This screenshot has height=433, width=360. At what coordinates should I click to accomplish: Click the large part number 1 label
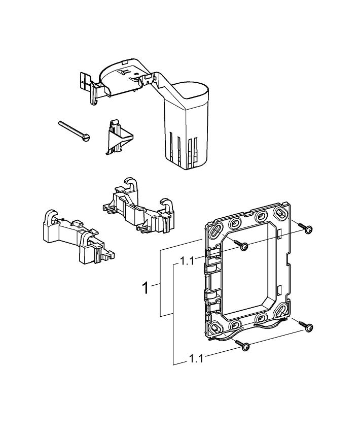tap(146, 288)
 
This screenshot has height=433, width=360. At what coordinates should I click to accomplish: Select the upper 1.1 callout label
tap(187, 262)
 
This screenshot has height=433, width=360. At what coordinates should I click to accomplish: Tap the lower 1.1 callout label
tap(196, 358)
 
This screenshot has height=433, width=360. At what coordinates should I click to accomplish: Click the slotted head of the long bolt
tap(86, 137)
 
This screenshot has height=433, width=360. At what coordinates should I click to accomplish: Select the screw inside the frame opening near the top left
tap(244, 246)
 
